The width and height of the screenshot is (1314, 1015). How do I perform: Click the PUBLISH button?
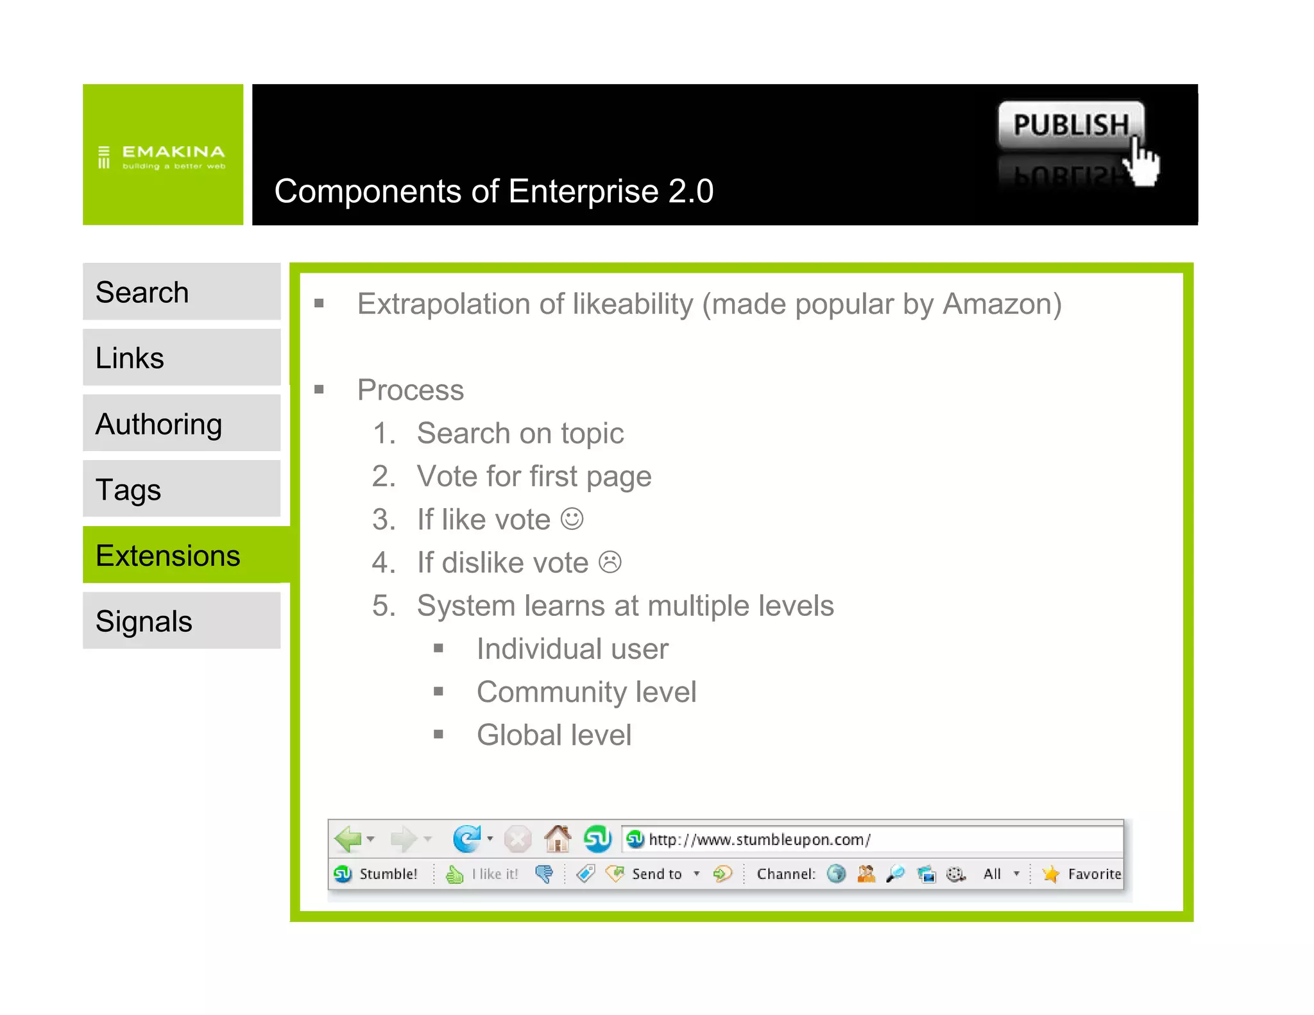click(x=1070, y=124)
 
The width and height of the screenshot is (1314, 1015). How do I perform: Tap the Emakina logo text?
click(x=173, y=152)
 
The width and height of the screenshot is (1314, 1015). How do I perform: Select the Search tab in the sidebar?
click(x=182, y=292)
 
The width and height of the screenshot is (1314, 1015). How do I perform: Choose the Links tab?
click(x=182, y=357)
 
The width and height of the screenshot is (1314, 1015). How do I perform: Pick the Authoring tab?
click(x=182, y=423)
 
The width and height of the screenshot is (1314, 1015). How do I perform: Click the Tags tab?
click(x=182, y=489)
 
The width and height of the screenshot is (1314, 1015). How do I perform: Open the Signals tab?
click(x=182, y=620)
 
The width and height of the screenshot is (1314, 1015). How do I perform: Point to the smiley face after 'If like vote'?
click(x=572, y=519)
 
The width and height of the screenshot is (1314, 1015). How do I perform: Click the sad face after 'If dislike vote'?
click(x=610, y=562)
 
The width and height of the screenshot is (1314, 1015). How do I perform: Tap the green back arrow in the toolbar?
click(x=348, y=839)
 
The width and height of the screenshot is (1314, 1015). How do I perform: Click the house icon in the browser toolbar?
click(x=558, y=838)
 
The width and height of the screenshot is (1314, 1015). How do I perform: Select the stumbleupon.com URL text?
click(x=759, y=839)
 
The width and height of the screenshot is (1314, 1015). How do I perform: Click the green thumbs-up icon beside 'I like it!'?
click(x=455, y=874)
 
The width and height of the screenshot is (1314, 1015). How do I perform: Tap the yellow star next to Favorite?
click(x=1050, y=874)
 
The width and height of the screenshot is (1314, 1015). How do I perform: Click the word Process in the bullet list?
click(x=411, y=390)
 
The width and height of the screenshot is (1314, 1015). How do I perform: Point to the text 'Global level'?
click(x=554, y=735)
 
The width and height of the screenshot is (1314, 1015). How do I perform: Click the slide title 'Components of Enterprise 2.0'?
click(x=493, y=191)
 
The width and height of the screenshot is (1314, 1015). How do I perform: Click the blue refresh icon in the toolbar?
click(x=466, y=839)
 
